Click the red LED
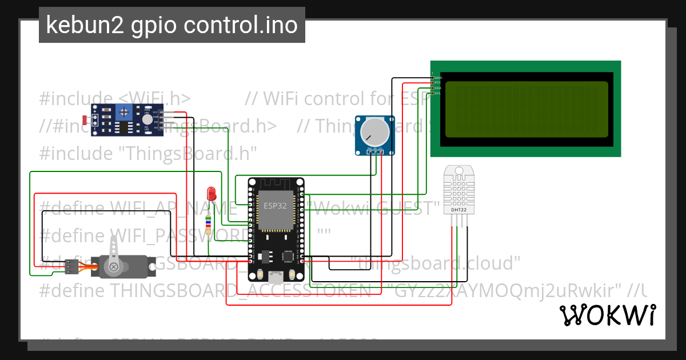tap(211, 193)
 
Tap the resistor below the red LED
tap(208, 223)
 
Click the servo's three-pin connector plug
tap(71, 266)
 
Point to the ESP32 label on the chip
tap(275, 206)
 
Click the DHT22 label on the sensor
tap(459, 209)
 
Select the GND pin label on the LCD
tap(438, 78)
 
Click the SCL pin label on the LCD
tap(438, 93)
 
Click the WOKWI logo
tap(607, 315)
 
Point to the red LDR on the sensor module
tap(86, 120)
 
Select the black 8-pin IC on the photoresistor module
tap(125, 128)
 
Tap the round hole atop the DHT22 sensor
tap(458, 170)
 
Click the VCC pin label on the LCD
tap(438, 83)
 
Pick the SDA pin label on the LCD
tap(438, 88)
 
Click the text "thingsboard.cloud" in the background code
tap(438, 263)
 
